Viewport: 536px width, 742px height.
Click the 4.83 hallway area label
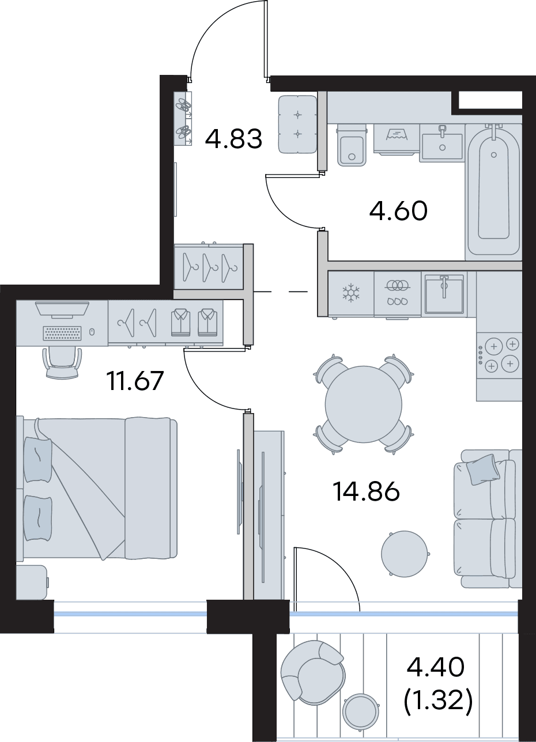(233, 139)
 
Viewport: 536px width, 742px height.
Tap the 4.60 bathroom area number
(398, 211)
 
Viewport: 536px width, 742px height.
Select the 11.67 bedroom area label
(135, 381)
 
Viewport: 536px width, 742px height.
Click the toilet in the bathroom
(352, 145)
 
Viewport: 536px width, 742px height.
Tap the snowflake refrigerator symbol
(350, 293)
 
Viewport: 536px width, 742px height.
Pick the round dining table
(364, 404)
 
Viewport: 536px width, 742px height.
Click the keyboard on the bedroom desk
(62, 333)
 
